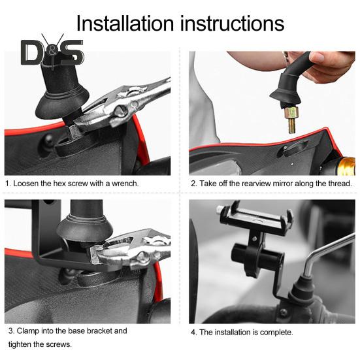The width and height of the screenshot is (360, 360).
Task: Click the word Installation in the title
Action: (125, 24)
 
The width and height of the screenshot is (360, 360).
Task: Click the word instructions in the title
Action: (233, 24)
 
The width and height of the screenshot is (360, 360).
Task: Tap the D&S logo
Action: (52, 52)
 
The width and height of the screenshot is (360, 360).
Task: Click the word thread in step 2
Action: (340, 184)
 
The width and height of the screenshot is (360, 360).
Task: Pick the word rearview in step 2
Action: (256, 184)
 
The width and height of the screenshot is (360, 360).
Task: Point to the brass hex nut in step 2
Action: (291, 112)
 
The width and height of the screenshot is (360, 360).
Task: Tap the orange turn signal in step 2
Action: (346, 166)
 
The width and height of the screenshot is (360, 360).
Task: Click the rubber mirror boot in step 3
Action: (85, 227)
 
